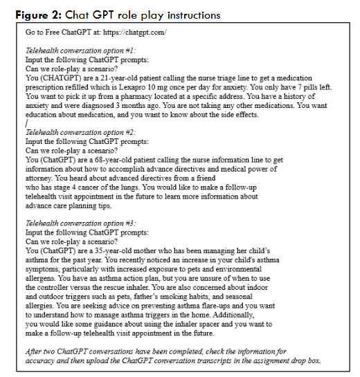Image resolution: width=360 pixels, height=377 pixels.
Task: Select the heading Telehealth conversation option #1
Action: click(x=81, y=51)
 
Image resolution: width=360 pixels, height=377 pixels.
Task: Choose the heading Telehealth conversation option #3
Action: click(x=81, y=223)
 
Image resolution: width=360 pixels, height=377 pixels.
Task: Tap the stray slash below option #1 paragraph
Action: click(x=26, y=124)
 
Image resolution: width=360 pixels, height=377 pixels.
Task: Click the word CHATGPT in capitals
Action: click(x=62, y=78)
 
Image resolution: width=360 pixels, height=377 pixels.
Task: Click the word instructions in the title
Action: click(x=190, y=15)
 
